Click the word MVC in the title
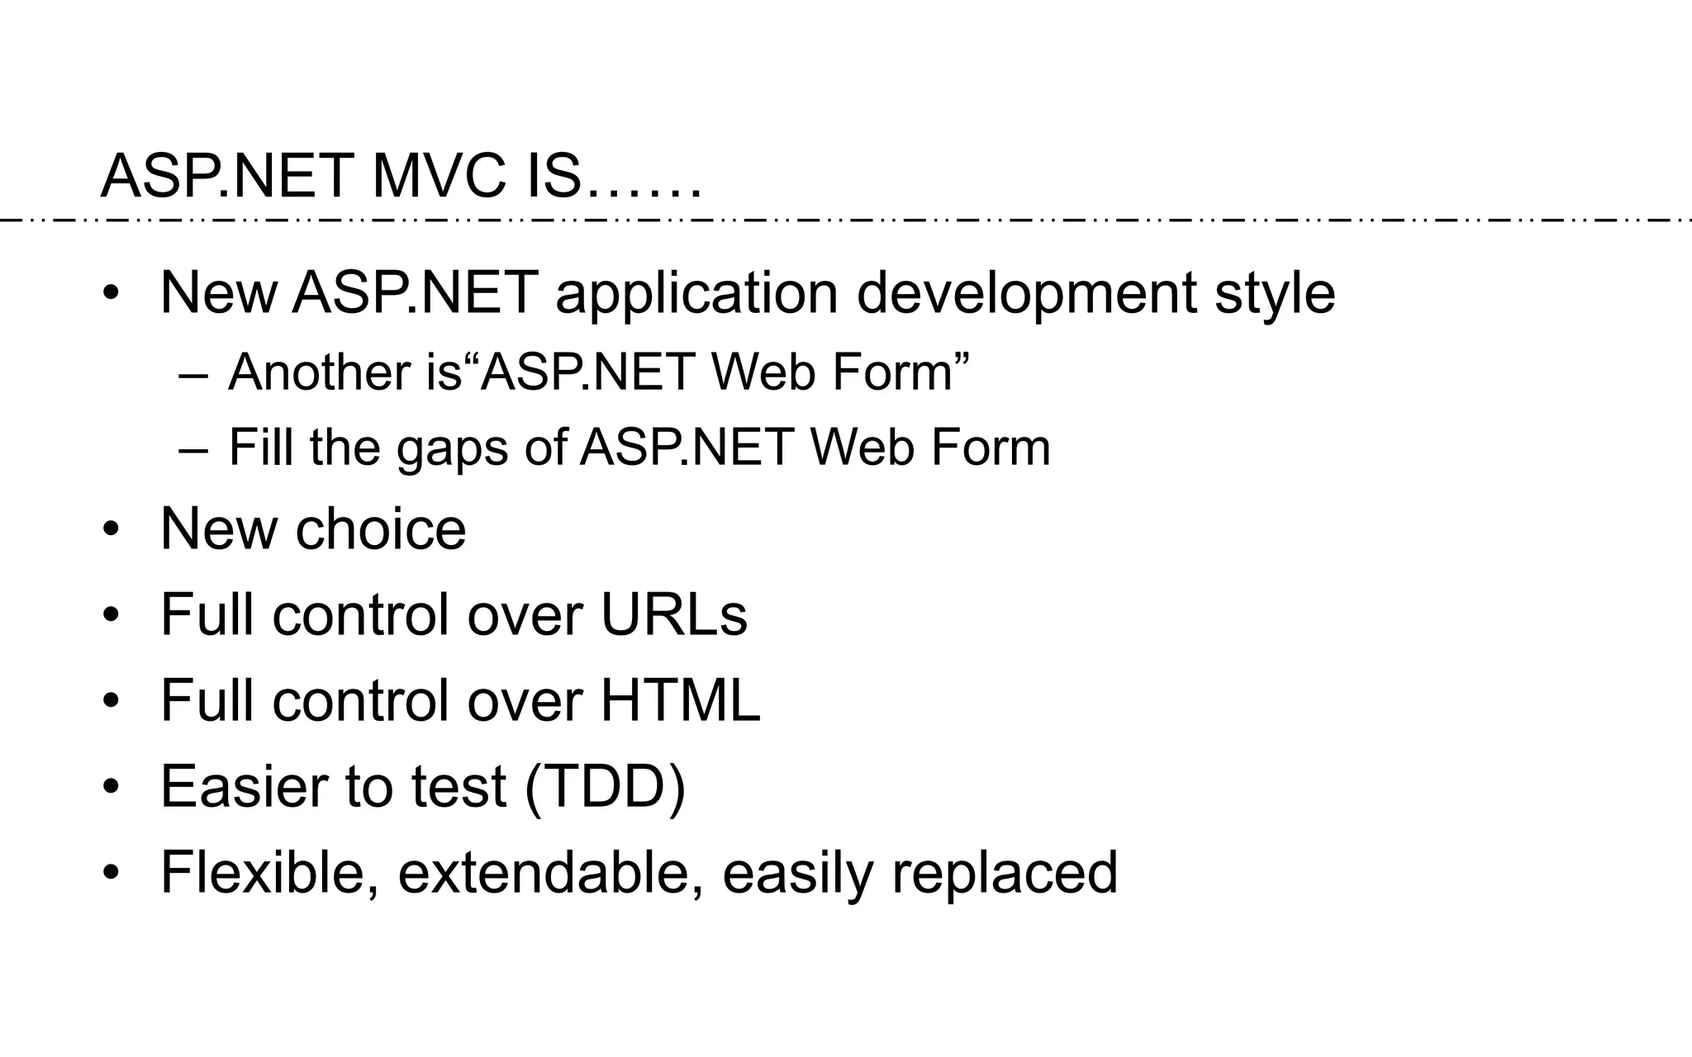tap(438, 176)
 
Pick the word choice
tap(380, 529)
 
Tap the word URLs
tap(673, 615)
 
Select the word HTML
tap(679, 701)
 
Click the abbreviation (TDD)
tap(605, 787)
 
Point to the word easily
tap(796, 873)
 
